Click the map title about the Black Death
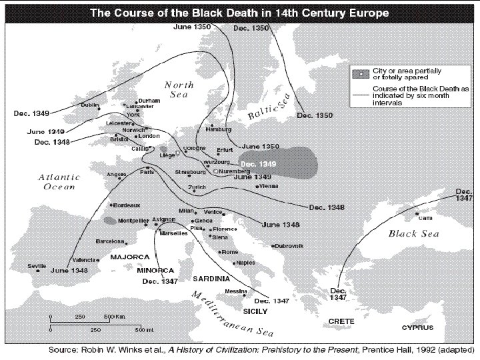tap(240, 13)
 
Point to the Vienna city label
tap(268, 186)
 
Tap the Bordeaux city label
tap(127, 205)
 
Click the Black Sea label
tap(413, 233)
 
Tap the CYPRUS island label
tap(417, 327)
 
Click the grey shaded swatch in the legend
tap(363, 72)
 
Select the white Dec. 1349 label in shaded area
tap(257, 164)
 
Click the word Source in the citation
tap(66, 349)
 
